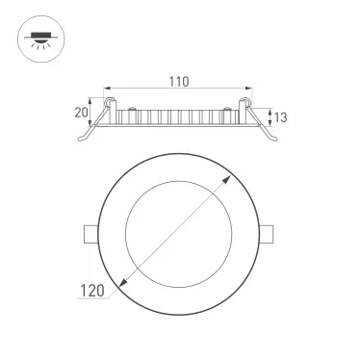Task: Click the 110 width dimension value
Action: click(x=179, y=82)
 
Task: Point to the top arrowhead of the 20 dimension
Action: click(x=93, y=99)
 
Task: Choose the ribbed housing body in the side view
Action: click(x=179, y=117)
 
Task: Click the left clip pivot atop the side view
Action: click(x=111, y=101)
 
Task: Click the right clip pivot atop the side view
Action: click(x=246, y=101)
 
